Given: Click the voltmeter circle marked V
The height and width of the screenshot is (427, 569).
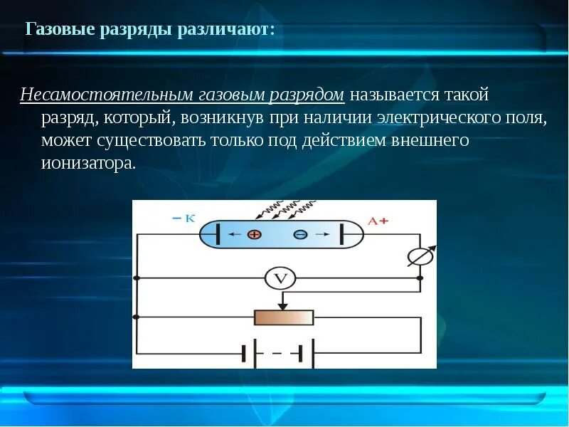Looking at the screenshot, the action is click(x=280, y=278).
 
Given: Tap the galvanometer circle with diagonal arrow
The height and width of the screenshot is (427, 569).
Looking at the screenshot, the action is click(x=420, y=256).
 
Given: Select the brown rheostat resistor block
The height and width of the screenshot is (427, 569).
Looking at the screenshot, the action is click(x=284, y=317).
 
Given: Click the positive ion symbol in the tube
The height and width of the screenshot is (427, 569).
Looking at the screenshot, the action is click(x=255, y=234).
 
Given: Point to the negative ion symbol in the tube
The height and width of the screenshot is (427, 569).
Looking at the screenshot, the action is click(x=300, y=234).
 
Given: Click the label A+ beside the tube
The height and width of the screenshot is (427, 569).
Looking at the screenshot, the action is click(x=377, y=221).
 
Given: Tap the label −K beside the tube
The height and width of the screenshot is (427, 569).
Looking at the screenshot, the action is click(x=183, y=218).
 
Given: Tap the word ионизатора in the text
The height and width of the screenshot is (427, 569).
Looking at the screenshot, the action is click(x=87, y=163).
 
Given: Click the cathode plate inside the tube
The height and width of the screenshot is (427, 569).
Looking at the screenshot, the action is click(x=218, y=234).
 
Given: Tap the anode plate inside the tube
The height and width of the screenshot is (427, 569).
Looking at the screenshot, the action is click(x=342, y=234).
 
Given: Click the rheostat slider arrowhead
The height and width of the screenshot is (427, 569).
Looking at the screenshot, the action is click(x=284, y=307).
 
